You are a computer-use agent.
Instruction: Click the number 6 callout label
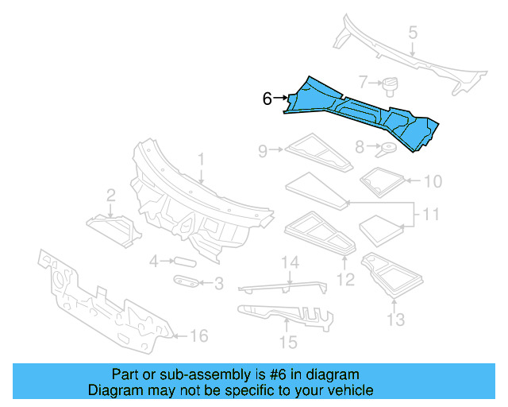[x=267, y=99]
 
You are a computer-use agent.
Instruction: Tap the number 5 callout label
[x=412, y=33]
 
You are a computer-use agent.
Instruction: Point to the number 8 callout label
[x=360, y=147]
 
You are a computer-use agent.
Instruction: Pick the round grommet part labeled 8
[x=388, y=148]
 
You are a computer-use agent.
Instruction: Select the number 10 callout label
[x=432, y=181]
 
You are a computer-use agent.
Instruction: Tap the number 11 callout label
[x=430, y=215]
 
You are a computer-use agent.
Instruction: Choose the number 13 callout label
[x=395, y=320]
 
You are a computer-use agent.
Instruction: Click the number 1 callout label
[x=201, y=159]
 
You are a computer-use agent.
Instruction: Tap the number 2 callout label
[x=111, y=195]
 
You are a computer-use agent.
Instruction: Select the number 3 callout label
[x=218, y=283]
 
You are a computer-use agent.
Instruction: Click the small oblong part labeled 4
[x=184, y=260]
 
